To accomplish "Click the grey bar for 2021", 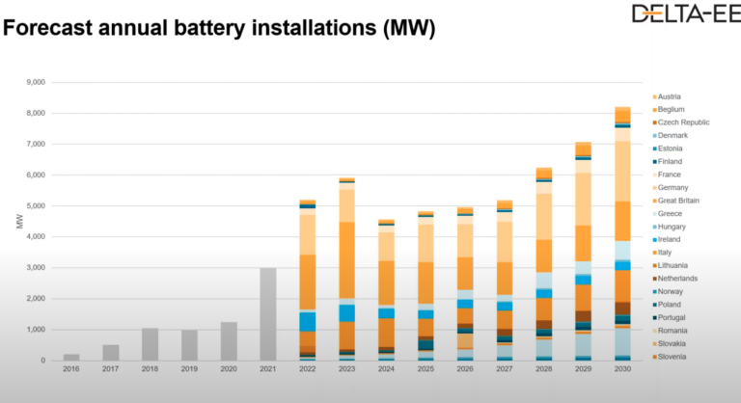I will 269,314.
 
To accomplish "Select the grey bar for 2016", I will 71,357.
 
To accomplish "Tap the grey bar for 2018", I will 151,344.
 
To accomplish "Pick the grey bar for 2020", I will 229,341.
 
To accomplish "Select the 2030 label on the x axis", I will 623,369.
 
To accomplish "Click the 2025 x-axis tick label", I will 426,369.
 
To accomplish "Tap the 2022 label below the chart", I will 308,369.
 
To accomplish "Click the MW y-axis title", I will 19,222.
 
